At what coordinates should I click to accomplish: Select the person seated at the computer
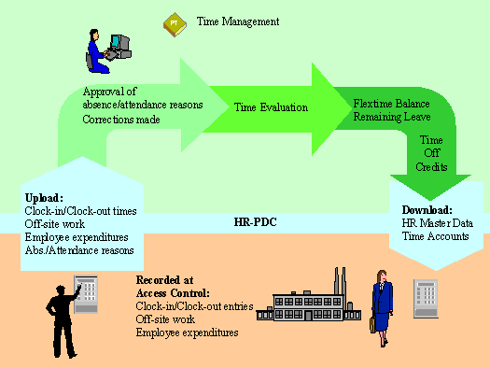[97, 50]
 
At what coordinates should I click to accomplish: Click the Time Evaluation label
[271, 107]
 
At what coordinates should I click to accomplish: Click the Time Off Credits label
[431, 151]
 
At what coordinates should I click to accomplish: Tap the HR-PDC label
[250, 222]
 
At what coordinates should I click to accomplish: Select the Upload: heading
[45, 198]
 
